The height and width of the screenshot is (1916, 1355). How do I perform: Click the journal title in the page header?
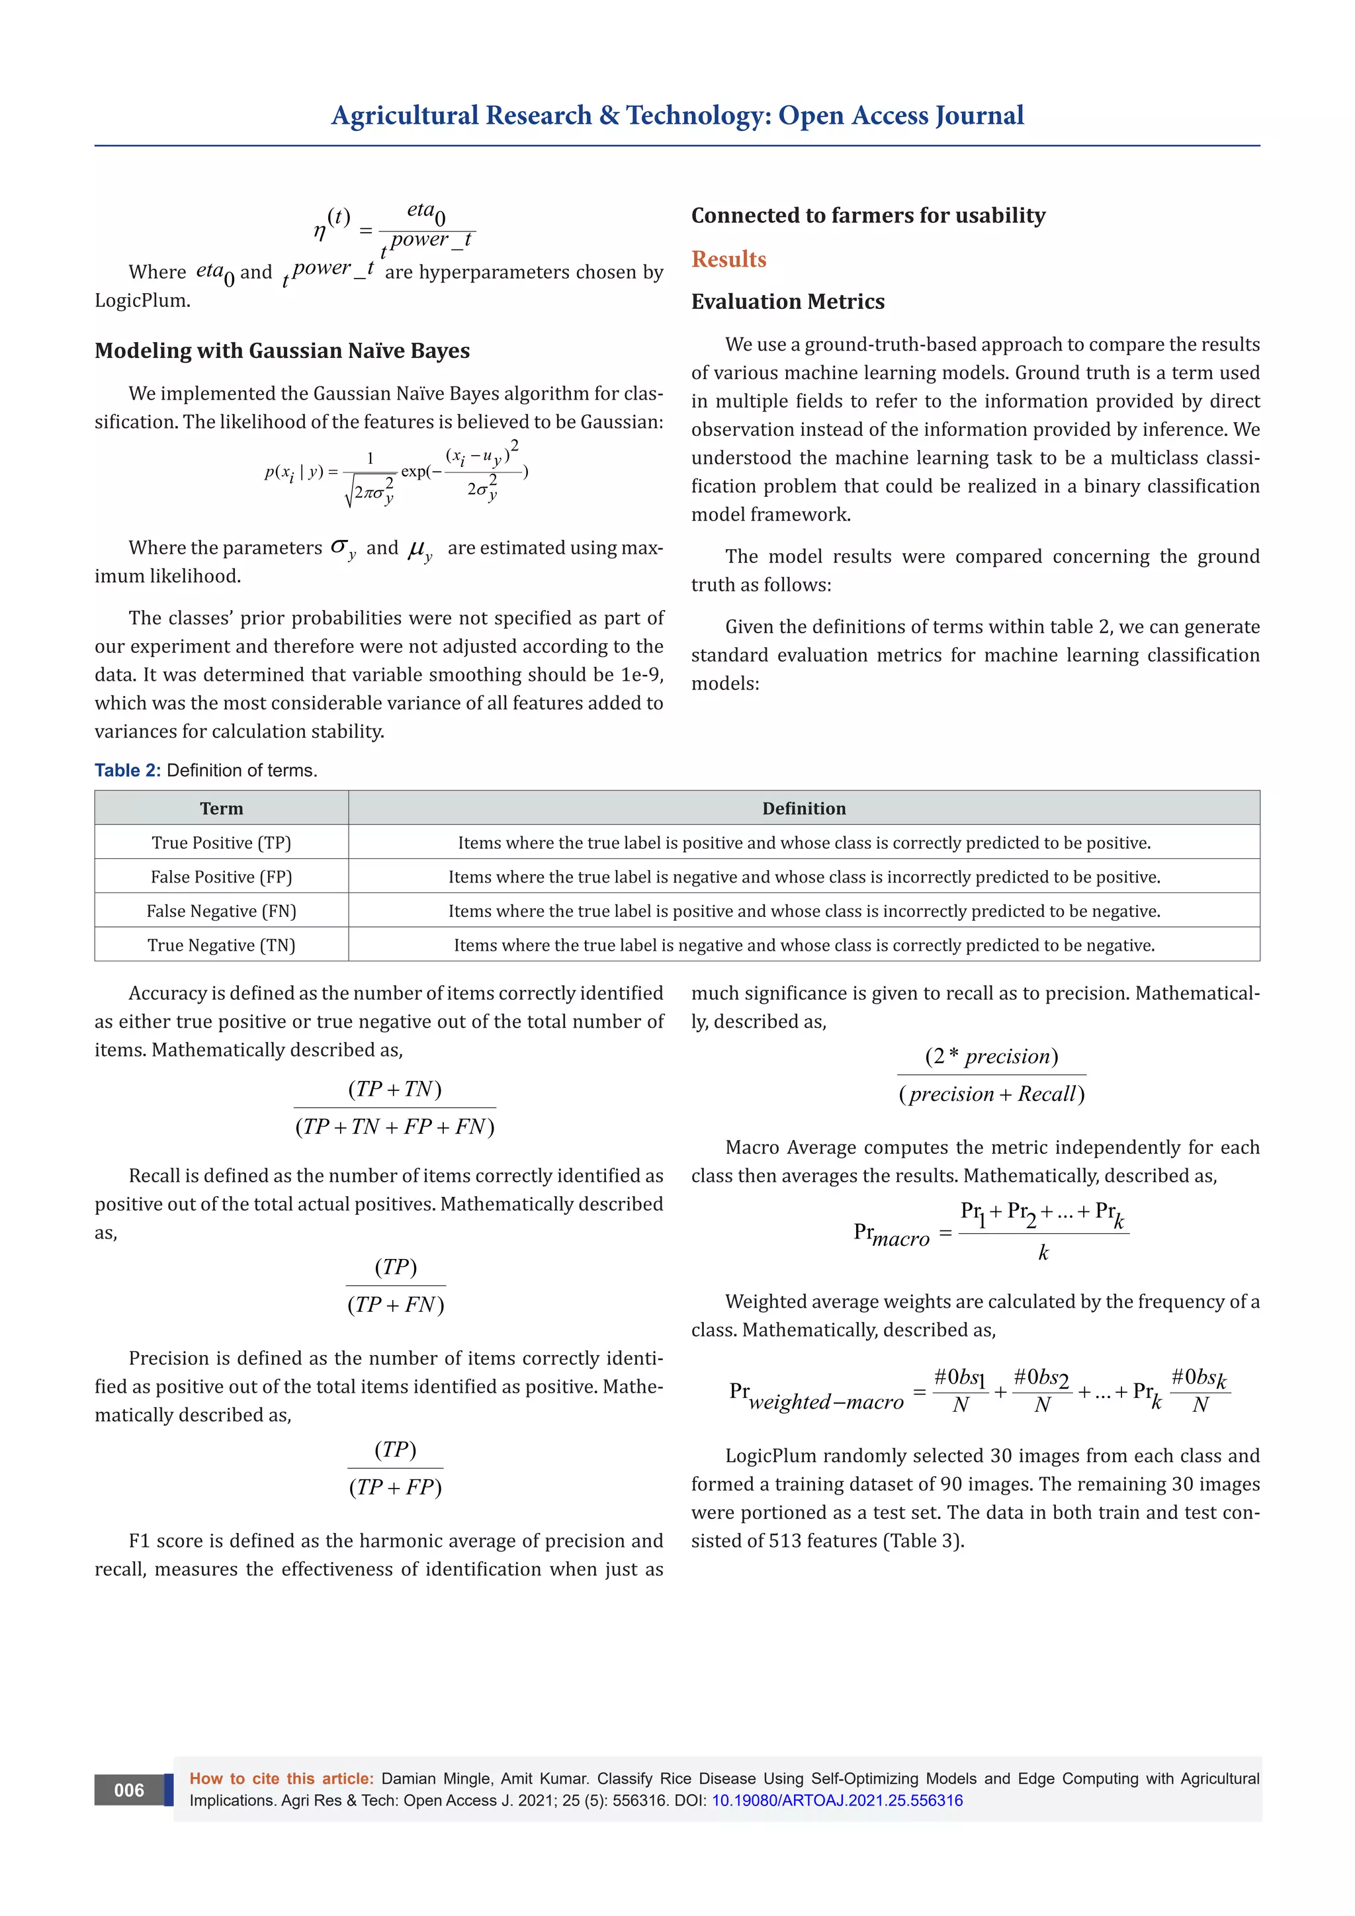point(677,115)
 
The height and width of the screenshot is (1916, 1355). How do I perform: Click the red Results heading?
point(728,259)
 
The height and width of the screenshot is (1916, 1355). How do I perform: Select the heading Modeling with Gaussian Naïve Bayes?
point(282,351)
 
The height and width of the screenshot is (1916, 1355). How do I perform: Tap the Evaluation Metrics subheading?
point(787,301)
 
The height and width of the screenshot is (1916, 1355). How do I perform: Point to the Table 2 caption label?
point(128,770)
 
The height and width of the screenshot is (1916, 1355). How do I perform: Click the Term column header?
point(221,808)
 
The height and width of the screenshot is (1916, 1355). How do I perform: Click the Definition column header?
point(803,808)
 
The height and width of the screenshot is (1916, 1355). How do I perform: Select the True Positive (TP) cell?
point(221,843)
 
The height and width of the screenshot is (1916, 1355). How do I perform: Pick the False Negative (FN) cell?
point(221,911)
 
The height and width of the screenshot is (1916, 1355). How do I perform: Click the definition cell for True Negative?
point(803,945)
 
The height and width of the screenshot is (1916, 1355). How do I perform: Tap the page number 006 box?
point(128,1790)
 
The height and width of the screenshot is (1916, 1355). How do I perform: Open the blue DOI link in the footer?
point(836,1801)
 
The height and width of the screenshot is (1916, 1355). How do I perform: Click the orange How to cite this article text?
point(281,1778)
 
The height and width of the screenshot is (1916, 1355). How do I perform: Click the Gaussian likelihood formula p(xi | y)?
point(396,472)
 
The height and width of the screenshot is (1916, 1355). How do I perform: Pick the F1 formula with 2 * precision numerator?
point(991,1075)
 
